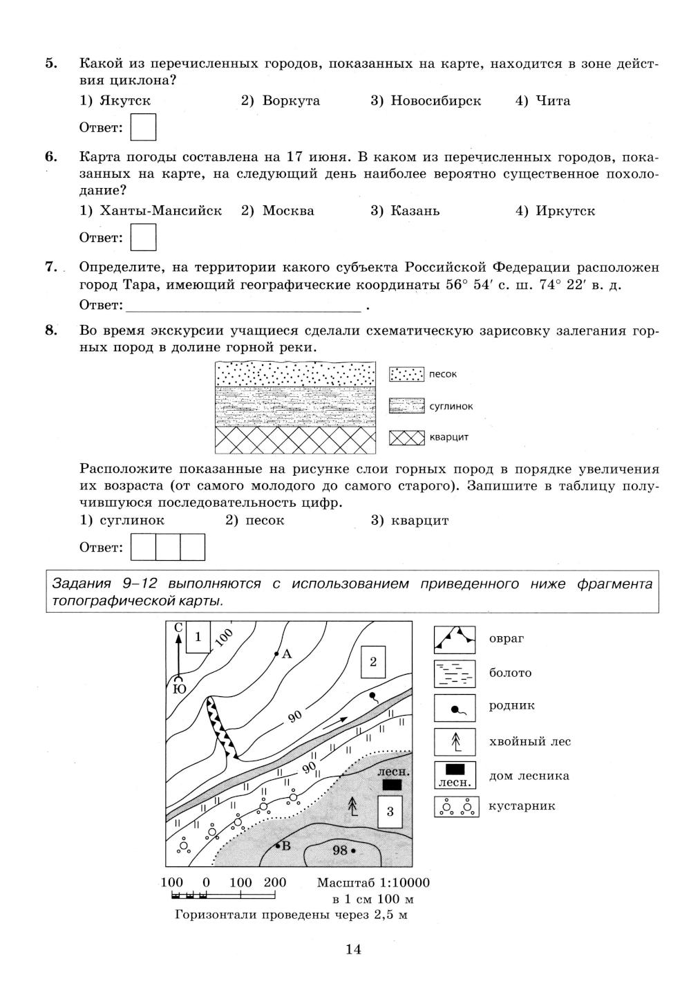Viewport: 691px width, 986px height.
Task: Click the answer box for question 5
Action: [143, 127]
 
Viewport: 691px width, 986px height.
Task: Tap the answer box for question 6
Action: [143, 237]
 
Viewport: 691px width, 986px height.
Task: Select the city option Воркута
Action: [280, 101]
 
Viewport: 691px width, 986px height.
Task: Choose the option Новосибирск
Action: [426, 101]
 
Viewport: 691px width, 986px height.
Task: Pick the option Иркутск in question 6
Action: [555, 211]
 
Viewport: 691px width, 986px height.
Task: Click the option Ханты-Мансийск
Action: [151, 211]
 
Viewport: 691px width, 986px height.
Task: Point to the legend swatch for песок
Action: [406, 374]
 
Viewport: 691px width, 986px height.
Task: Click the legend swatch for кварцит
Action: [406, 438]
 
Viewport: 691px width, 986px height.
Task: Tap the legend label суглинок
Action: [451, 407]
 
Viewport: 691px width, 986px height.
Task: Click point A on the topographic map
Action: [276, 654]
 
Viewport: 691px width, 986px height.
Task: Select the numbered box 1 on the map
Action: [198, 637]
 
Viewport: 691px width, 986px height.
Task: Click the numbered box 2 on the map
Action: [373, 662]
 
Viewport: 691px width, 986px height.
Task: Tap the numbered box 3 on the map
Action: [390, 812]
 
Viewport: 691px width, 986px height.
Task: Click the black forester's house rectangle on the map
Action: [392, 785]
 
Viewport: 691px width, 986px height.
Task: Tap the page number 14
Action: [353, 949]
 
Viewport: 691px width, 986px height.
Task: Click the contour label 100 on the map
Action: [224, 638]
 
